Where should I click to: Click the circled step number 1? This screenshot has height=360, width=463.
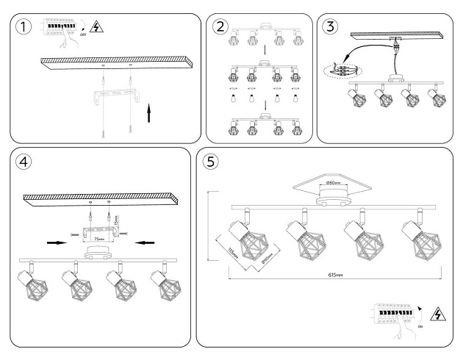pyautogui.click(x=24, y=27)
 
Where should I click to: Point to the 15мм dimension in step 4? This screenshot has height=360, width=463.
pyautogui.click(x=116, y=219)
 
